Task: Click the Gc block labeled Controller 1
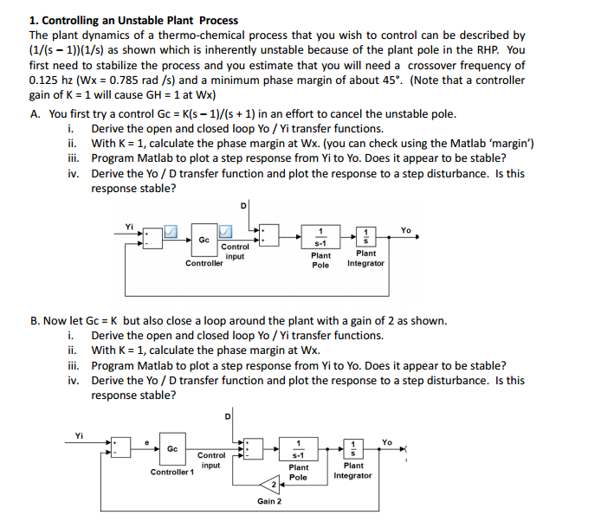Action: tap(171, 449)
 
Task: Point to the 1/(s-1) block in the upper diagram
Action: tap(321, 235)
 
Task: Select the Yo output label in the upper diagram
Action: tap(406, 230)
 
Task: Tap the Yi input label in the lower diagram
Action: tap(80, 435)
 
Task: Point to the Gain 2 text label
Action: tap(269, 501)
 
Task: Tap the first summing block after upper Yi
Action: tap(152, 235)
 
